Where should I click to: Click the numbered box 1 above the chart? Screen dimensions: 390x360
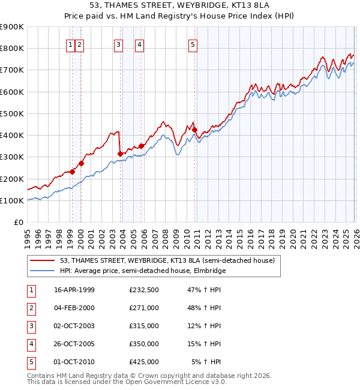coord(71,44)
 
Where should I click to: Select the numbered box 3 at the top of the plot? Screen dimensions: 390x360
coord(119,44)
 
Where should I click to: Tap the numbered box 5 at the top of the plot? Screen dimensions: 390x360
coord(193,44)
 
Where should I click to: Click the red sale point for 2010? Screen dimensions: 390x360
coord(195,130)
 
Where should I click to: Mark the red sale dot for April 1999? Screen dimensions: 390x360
coord(73,172)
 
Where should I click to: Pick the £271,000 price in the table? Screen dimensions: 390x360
coord(143,308)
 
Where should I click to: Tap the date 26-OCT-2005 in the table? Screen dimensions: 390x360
coord(74,344)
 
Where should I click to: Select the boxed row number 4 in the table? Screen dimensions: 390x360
coord(31,344)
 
